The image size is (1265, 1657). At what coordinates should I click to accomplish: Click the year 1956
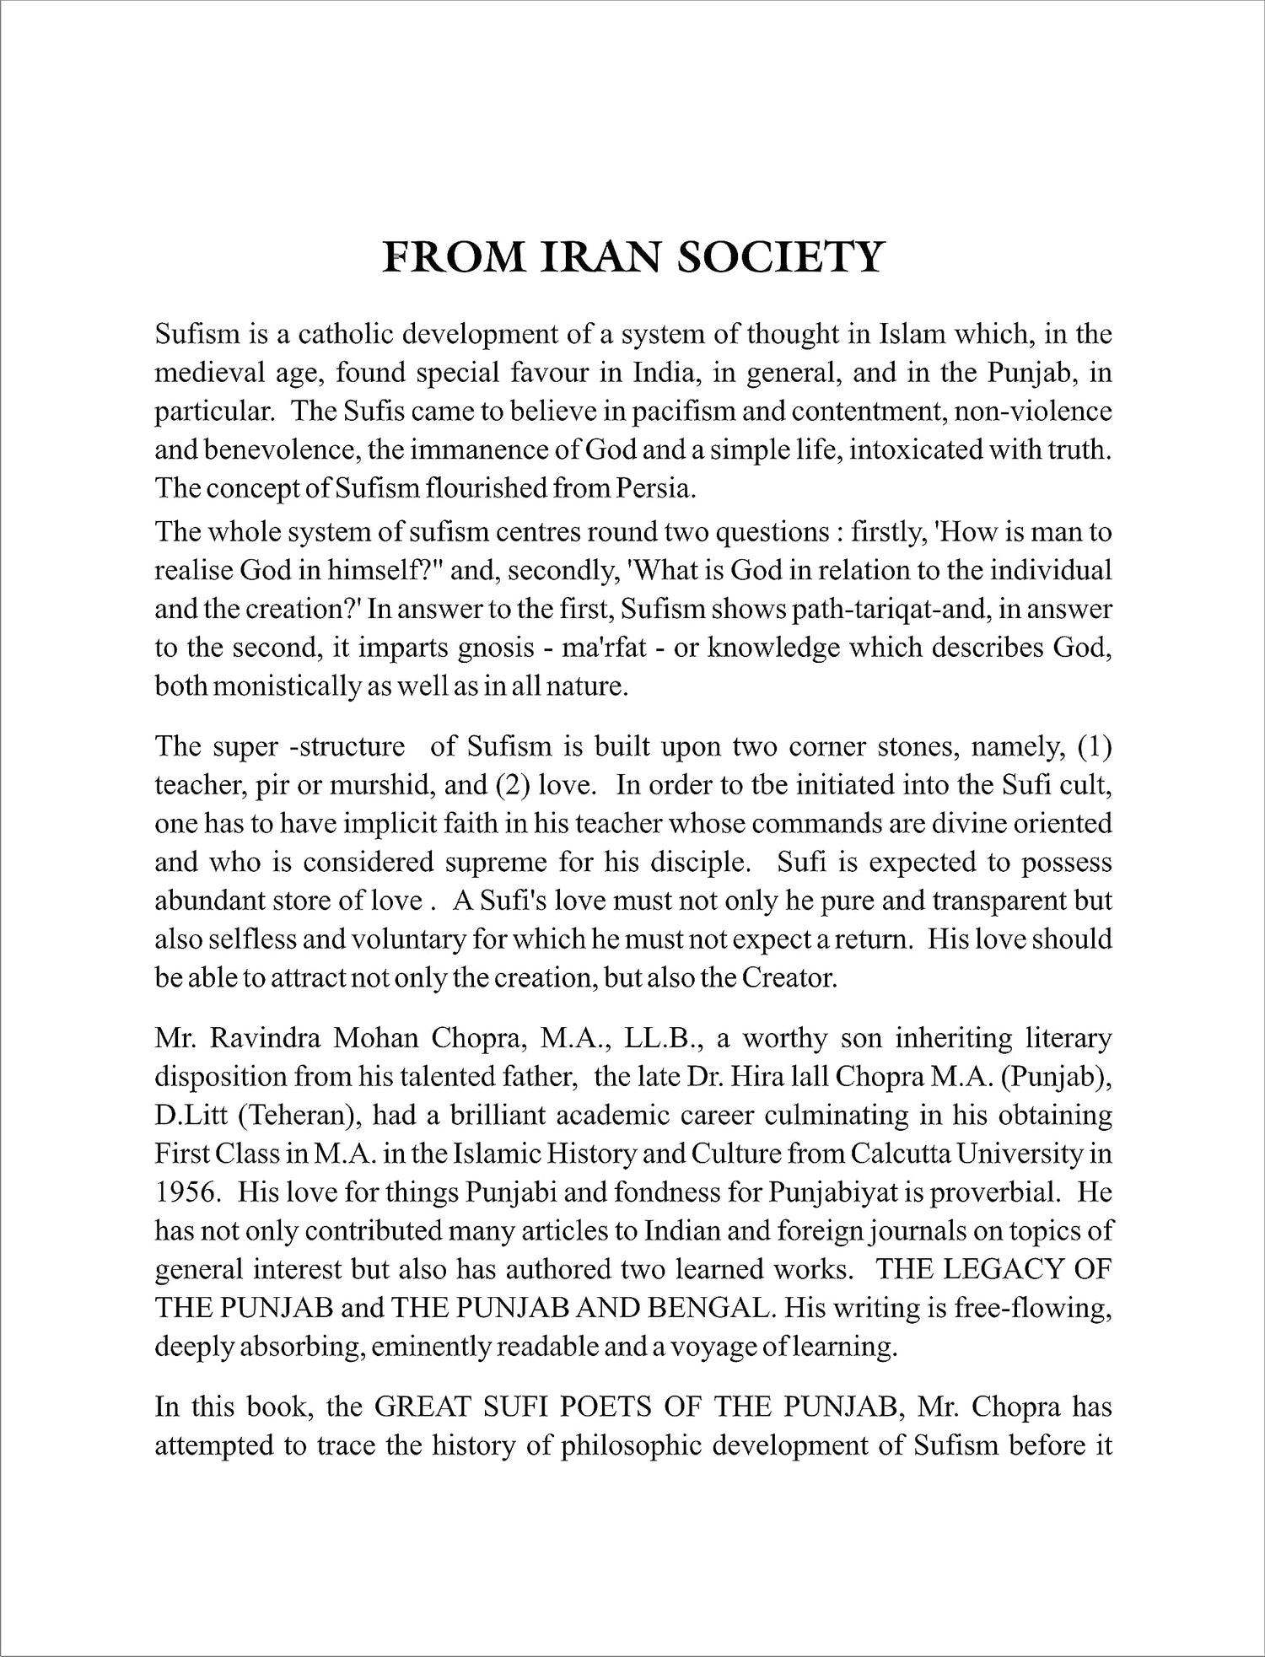coord(186,1192)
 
